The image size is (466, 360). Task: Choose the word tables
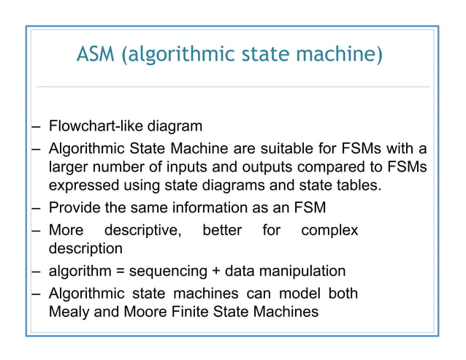(358, 186)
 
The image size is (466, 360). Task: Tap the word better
(222, 231)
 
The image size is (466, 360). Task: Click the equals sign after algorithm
(121, 272)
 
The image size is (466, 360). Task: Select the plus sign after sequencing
(216, 272)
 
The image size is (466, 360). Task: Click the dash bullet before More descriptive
(34, 231)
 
